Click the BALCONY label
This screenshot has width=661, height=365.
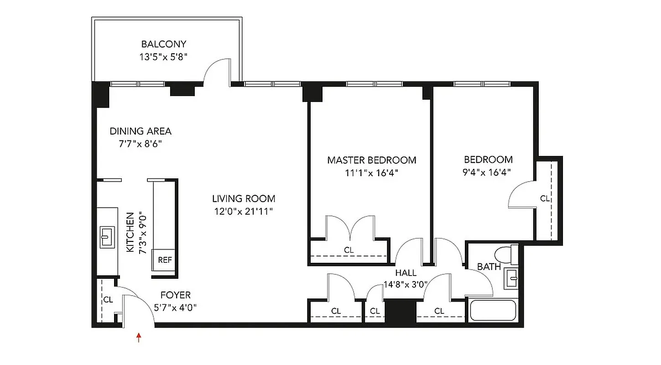(164, 44)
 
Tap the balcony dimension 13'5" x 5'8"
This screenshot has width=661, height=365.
(164, 57)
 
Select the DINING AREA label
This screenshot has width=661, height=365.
(141, 131)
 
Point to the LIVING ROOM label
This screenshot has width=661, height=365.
(244, 198)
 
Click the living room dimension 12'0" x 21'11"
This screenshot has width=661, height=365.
(244, 211)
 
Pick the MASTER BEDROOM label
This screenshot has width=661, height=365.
(371, 160)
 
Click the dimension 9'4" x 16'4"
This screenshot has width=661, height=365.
(488, 172)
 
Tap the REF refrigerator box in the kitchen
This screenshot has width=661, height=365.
(165, 260)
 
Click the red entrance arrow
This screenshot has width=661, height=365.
(139, 338)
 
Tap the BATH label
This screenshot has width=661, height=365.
(489, 267)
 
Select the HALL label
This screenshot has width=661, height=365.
(406, 273)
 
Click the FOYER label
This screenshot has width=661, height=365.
(175, 295)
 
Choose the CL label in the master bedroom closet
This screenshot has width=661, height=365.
(349, 250)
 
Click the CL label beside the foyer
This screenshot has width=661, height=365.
(108, 300)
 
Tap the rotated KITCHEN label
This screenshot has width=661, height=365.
(130, 232)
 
